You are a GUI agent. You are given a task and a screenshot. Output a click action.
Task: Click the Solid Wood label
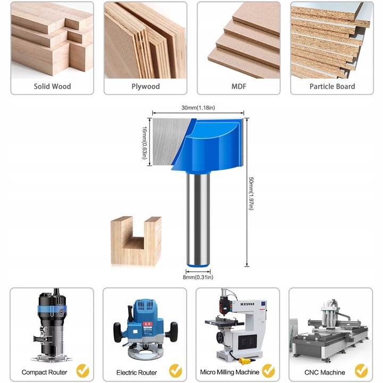click(x=52, y=86)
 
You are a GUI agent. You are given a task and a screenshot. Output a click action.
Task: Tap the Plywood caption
click(x=146, y=87)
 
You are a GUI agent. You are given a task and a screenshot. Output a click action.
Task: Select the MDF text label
click(x=239, y=86)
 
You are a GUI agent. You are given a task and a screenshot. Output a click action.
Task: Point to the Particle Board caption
click(x=332, y=86)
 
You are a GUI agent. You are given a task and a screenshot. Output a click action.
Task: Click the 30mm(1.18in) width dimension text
click(x=198, y=107)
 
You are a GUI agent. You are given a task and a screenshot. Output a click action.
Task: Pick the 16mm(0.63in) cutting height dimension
click(x=145, y=143)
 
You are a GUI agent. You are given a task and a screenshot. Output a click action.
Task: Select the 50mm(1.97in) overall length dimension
click(x=251, y=194)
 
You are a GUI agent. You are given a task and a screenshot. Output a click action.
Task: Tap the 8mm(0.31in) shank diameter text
click(x=198, y=277)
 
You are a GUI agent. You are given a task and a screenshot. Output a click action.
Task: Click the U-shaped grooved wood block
click(x=136, y=241)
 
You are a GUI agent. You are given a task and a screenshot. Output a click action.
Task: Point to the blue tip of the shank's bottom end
click(x=198, y=265)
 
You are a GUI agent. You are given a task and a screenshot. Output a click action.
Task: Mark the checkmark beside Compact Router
click(x=83, y=371)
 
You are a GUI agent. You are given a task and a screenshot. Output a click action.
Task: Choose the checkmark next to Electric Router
click(x=176, y=371)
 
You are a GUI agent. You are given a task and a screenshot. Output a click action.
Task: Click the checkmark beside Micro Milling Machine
click(x=269, y=371)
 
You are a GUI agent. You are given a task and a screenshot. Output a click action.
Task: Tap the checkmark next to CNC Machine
click(x=361, y=371)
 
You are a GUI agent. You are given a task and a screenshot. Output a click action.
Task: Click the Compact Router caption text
click(x=44, y=372)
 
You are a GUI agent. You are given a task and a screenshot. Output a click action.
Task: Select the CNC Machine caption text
click(x=324, y=372)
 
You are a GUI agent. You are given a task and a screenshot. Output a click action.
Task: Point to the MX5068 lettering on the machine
click(x=247, y=304)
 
